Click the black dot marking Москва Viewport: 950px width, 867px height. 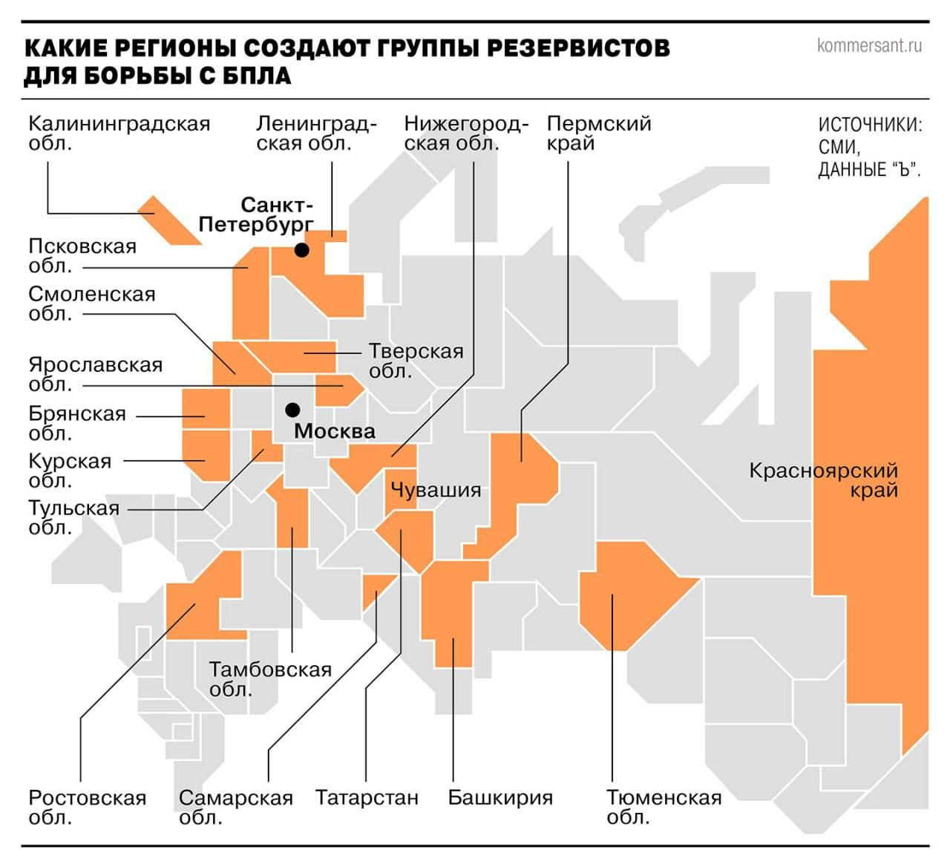[x=293, y=409]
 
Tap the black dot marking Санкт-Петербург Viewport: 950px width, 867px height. [x=301, y=250]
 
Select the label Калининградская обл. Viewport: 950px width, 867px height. [x=119, y=133]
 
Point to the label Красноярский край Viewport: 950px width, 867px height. [x=824, y=480]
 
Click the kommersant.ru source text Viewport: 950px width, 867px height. [x=869, y=45]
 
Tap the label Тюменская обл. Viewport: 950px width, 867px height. [x=664, y=807]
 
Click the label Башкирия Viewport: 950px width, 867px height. [x=500, y=797]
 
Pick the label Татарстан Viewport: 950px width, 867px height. [x=367, y=797]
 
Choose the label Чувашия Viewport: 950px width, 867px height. [x=436, y=490]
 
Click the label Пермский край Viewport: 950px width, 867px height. [x=598, y=133]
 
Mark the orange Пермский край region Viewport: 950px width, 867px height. [x=523, y=475]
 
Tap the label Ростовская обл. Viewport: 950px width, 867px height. [x=87, y=807]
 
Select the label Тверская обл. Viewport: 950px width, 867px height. [x=416, y=360]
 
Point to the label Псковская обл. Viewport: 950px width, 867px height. [x=82, y=255]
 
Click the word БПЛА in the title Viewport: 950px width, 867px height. [x=254, y=76]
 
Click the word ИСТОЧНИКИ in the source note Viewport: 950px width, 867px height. [x=870, y=125]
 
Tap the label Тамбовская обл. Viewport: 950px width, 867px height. [x=269, y=678]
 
